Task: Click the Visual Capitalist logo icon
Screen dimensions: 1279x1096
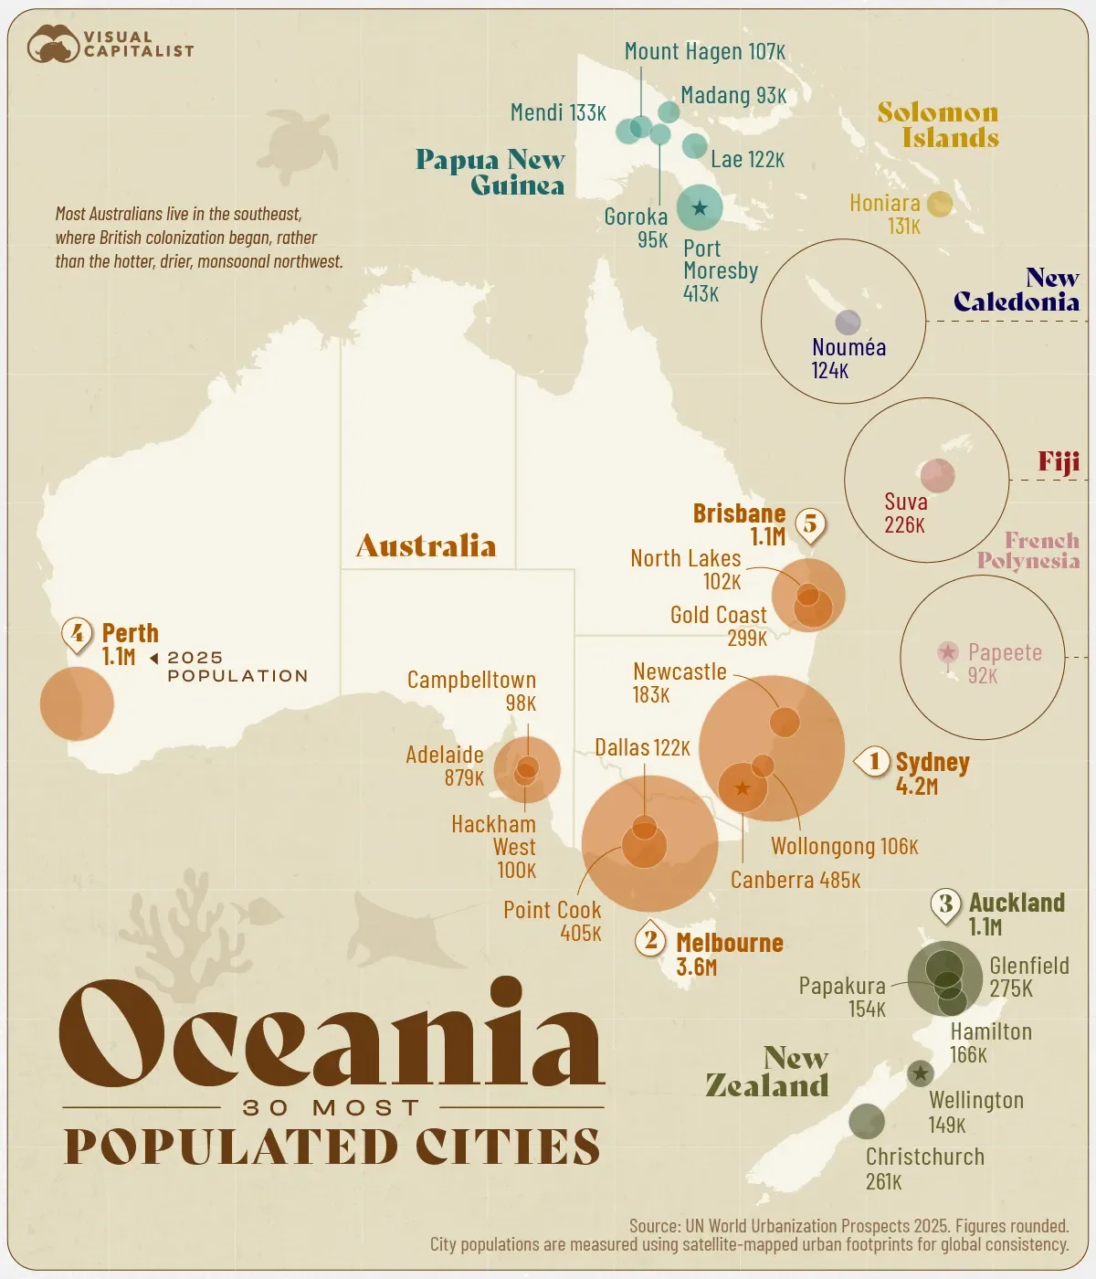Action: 53,44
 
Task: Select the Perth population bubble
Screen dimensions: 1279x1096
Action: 77,703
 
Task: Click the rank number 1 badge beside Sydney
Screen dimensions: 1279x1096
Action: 874,761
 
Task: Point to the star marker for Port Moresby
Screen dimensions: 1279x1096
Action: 700,207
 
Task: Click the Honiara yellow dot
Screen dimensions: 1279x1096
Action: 939,204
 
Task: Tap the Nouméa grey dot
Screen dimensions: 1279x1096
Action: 848,322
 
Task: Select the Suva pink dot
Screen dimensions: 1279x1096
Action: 937,475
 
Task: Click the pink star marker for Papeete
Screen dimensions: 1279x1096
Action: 948,651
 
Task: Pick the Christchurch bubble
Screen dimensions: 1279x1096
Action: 866,1121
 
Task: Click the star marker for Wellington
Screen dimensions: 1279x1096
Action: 920,1073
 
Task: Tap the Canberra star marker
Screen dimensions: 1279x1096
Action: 743,787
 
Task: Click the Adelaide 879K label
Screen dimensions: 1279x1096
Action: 445,766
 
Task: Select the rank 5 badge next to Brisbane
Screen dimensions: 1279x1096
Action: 810,524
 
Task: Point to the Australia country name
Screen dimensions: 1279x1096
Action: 426,546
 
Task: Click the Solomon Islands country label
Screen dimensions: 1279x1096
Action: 939,125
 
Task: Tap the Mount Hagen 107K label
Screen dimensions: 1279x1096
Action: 704,52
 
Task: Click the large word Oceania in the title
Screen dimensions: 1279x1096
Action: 331,1034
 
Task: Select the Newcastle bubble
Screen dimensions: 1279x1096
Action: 785,721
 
